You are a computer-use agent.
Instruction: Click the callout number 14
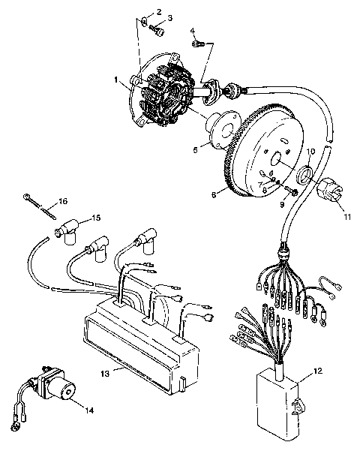pyautogui.click(x=89, y=410)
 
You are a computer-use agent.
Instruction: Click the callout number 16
pyautogui.click(x=63, y=201)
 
